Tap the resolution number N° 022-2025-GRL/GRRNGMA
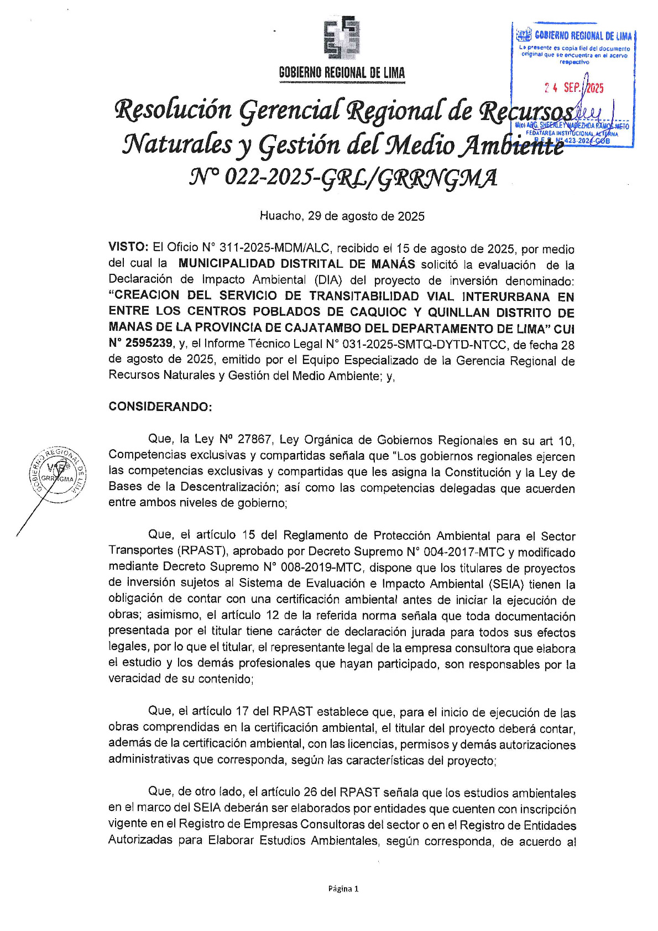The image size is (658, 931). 343,178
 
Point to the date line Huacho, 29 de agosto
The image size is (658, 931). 342,216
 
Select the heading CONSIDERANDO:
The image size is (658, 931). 160,407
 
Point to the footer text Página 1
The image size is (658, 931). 343,889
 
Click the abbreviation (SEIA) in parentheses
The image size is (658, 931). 506,584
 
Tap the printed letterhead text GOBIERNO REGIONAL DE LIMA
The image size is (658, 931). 342,72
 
